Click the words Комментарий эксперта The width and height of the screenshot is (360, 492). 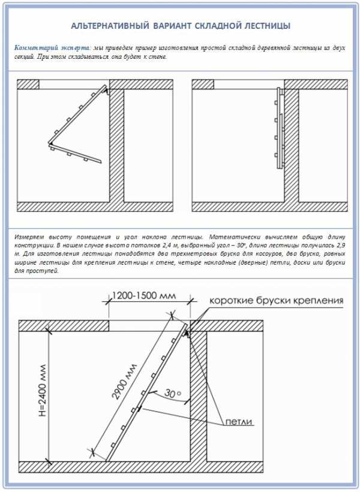(52, 47)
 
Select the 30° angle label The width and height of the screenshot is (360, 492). (174, 394)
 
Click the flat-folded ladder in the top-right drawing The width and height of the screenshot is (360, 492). (277, 128)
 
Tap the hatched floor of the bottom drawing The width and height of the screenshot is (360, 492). (180, 466)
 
